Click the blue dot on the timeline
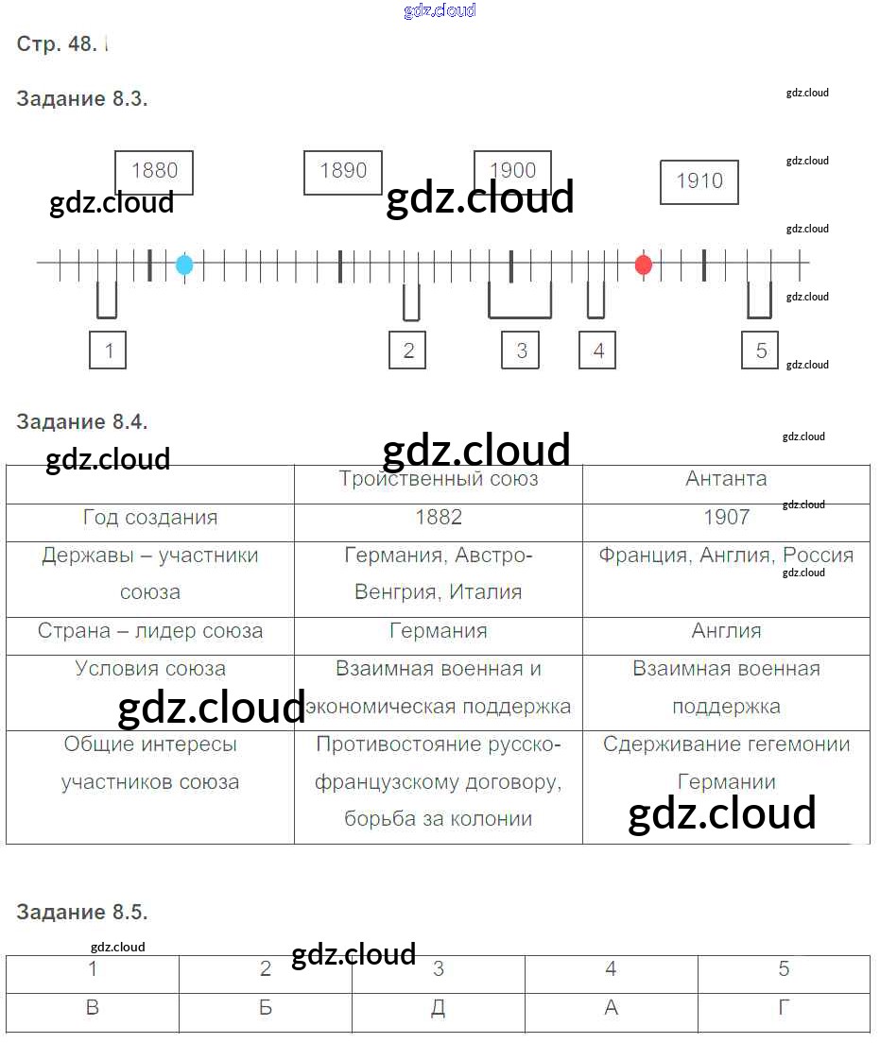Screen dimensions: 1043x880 (184, 265)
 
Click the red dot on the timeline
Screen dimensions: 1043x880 (644, 265)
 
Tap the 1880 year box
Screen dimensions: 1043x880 (154, 172)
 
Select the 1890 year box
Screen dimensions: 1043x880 (343, 172)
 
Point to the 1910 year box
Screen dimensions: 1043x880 (699, 181)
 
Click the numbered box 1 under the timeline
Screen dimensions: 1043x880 (109, 351)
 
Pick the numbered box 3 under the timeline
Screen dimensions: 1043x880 (521, 351)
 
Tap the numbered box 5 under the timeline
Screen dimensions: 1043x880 (761, 351)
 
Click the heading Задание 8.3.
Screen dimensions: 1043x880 (82, 99)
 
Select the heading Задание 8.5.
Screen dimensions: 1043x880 (82, 913)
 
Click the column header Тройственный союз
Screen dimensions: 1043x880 (439, 479)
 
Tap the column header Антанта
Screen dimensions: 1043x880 (726, 479)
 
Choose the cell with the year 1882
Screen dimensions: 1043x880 (439, 518)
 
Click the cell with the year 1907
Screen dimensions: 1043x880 (726, 518)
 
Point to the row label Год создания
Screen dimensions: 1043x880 (150, 518)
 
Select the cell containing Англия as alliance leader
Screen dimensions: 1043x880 (726, 631)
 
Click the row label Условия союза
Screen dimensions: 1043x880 (150, 669)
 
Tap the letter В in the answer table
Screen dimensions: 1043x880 (93, 1008)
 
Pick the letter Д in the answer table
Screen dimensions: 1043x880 (439, 1008)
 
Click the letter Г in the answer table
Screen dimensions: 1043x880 (784, 1008)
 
